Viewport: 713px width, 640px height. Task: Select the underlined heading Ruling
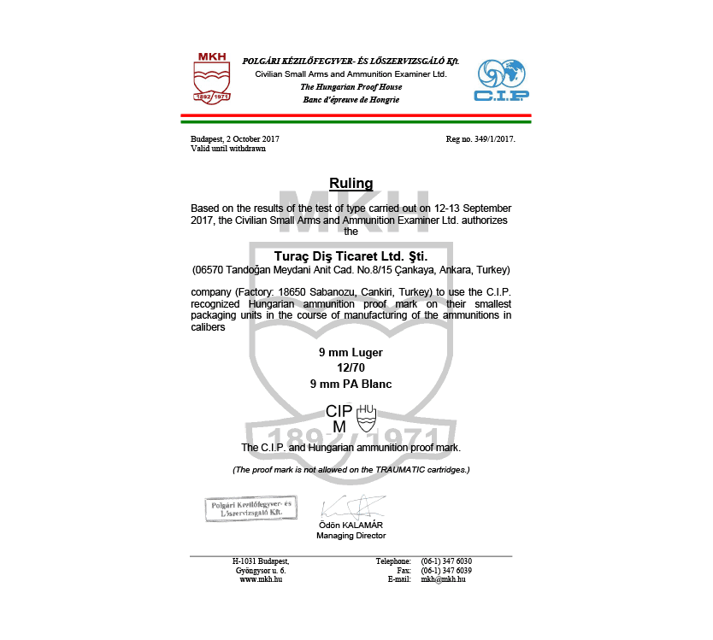click(351, 183)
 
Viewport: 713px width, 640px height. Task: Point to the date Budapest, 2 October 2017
click(235, 138)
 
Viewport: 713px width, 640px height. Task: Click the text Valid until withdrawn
click(228, 149)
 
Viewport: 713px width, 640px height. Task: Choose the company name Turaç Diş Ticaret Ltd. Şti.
click(351, 255)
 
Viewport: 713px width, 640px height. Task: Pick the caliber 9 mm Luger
click(351, 352)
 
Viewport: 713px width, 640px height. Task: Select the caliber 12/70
click(351, 368)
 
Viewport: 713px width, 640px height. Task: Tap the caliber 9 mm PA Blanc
click(351, 385)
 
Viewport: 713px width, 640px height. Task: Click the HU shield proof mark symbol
click(366, 416)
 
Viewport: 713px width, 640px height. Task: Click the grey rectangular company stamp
click(250, 509)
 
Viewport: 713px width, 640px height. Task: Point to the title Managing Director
click(351, 536)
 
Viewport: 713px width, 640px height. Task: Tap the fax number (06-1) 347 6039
click(446, 570)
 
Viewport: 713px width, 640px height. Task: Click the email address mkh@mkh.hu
click(443, 579)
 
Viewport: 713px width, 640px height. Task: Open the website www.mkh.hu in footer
click(261, 579)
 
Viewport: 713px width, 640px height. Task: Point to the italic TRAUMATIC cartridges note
click(351, 470)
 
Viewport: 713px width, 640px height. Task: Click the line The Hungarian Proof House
click(351, 87)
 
